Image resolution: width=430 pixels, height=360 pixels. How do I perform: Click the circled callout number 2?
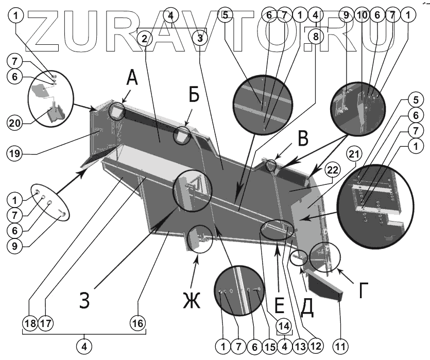146,38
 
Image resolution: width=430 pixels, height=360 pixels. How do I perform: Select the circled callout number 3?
200,38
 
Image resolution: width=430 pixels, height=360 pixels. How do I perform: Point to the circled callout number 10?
362,16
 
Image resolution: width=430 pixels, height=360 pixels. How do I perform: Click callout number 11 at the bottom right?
339,345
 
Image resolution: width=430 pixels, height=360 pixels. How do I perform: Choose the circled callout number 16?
137,323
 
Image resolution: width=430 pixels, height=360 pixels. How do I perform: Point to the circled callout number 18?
29,323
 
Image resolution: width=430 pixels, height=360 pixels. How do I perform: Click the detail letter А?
132,79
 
